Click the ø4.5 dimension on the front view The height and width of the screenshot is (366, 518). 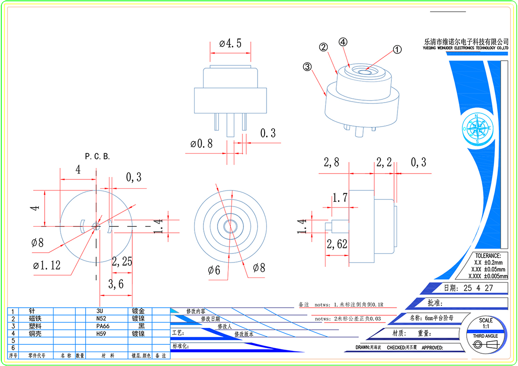pos(230,44)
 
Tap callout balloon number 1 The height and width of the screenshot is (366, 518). pos(397,49)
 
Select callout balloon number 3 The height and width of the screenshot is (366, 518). pos(308,67)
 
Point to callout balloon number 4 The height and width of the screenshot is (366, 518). pos(343,41)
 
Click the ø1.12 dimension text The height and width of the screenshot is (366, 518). pos(47,265)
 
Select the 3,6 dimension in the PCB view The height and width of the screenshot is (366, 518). pos(116,284)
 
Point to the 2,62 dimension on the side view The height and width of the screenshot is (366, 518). pos(337,244)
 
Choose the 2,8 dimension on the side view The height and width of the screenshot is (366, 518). pos(331,163)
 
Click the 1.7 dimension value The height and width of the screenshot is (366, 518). pos(340,198)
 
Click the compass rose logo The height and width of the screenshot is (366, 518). pos(477,128)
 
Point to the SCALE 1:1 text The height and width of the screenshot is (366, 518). pos(486,323)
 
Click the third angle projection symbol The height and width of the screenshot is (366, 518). pos(486,345)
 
